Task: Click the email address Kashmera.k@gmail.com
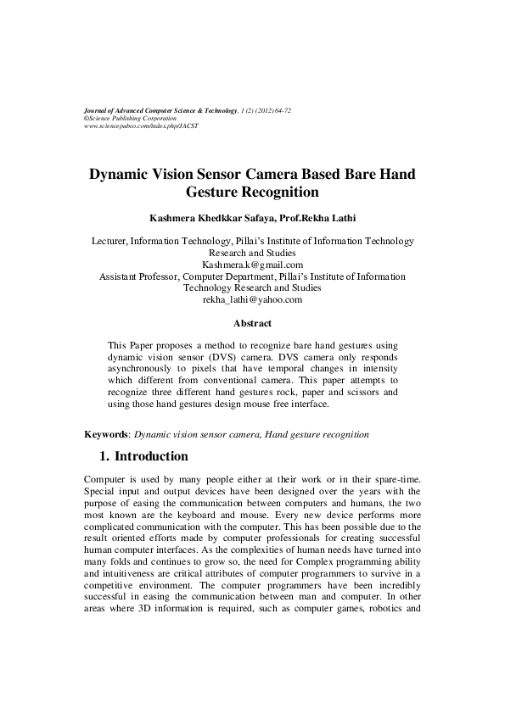point(252,265)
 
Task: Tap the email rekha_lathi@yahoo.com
point(252,299)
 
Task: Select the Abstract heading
point(252,323)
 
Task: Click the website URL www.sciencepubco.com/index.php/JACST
point(136,126)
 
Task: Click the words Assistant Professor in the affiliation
point(137,276)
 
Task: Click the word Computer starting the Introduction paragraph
point(107,479)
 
